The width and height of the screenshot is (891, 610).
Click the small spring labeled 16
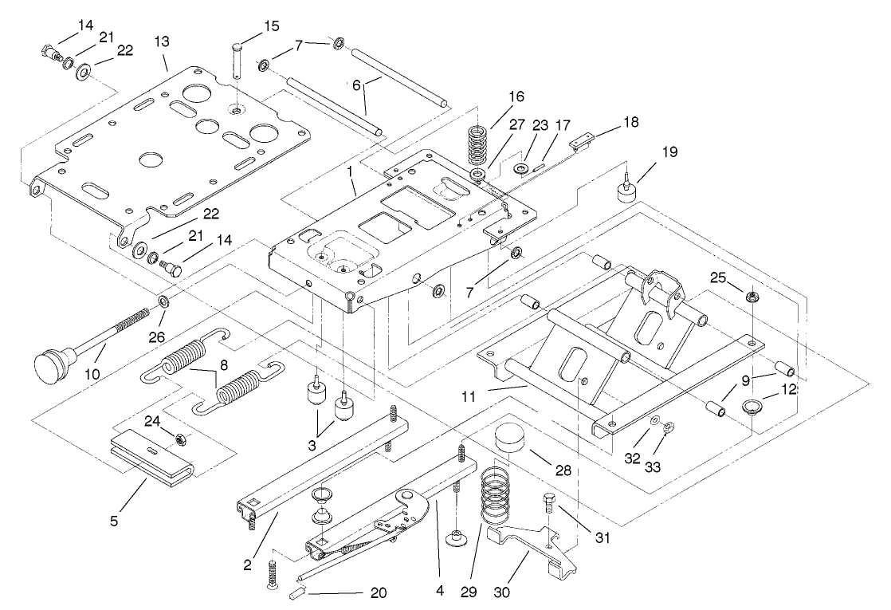tap(478, 145)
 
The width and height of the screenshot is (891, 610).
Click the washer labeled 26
tap(163, 301)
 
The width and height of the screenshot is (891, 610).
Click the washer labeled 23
tap(522, 168)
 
